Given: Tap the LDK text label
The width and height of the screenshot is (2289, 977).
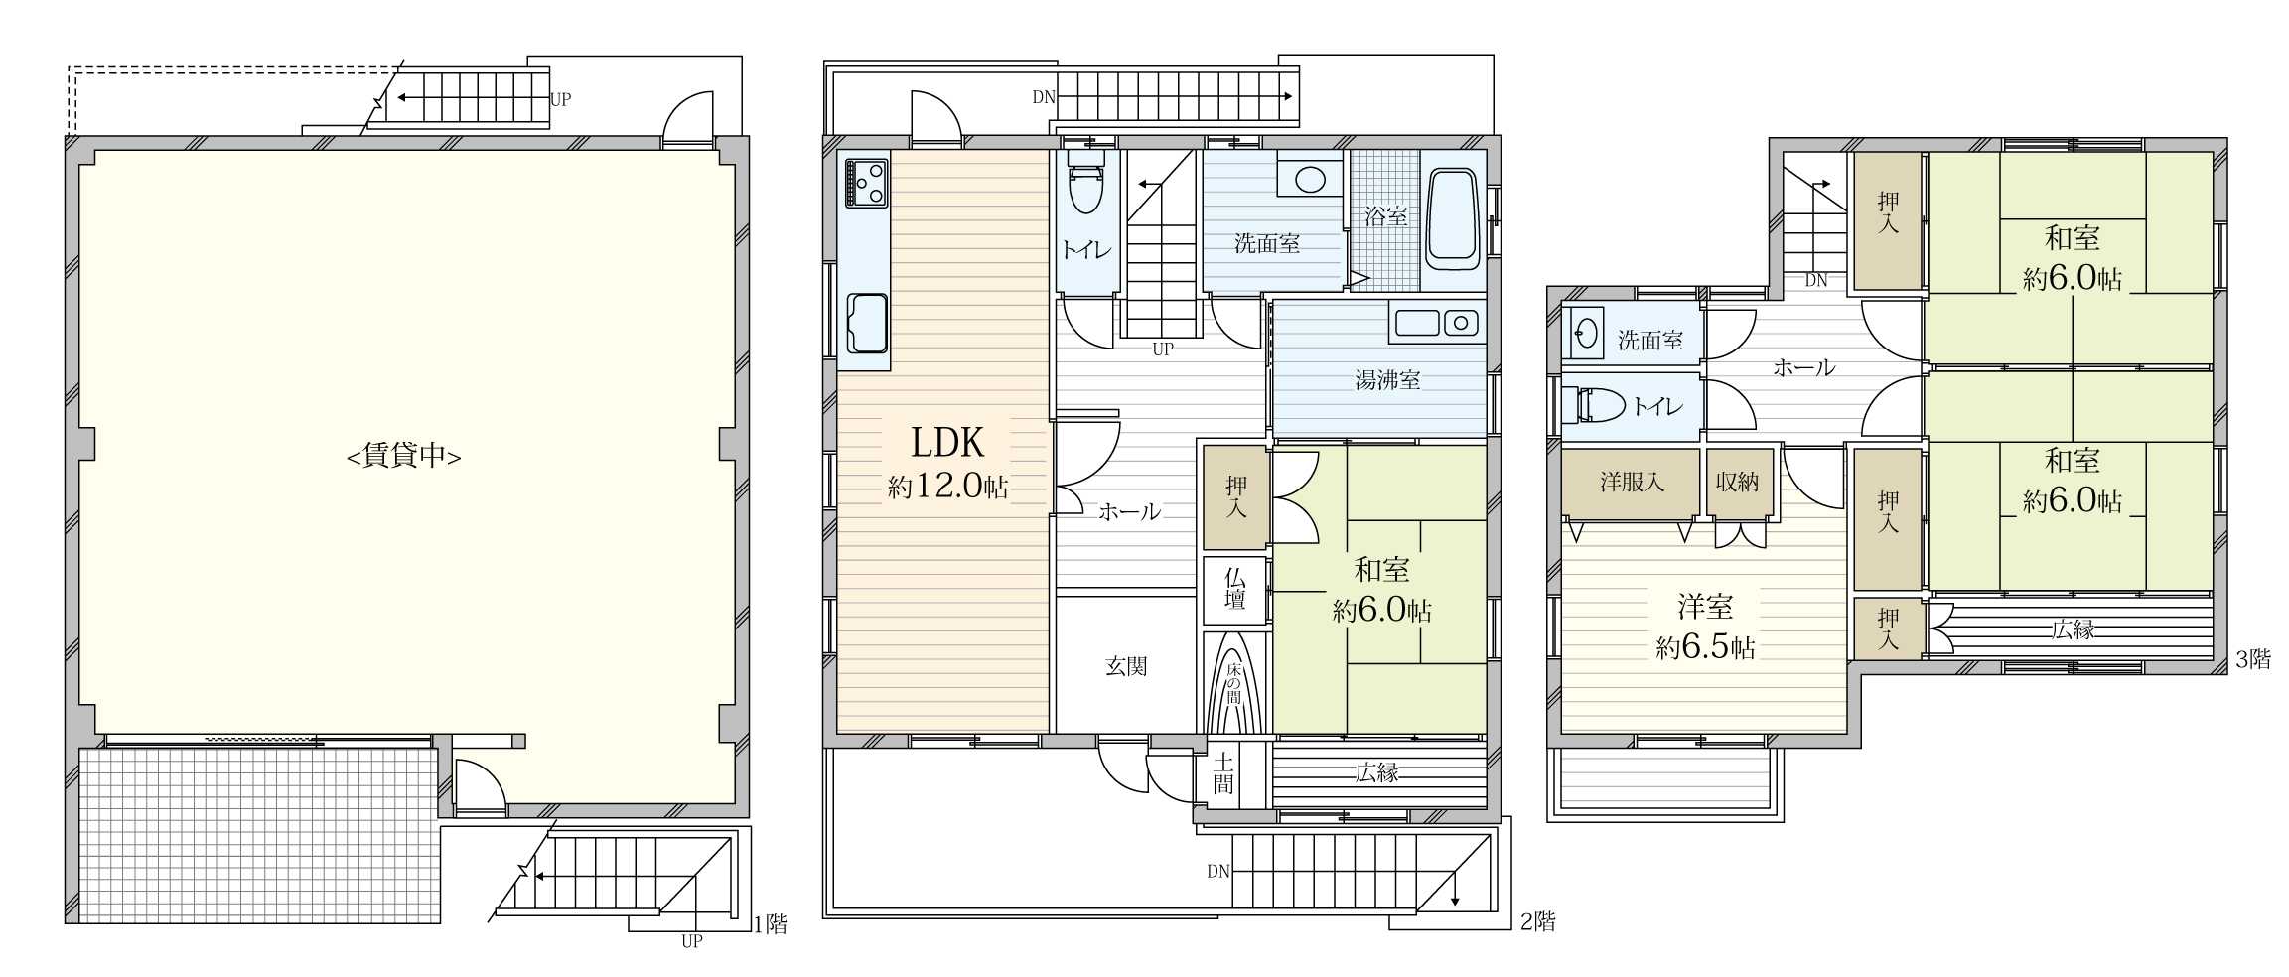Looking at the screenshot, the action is pos(947,442).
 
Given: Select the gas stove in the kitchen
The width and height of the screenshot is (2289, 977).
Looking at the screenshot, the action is pos(865,183).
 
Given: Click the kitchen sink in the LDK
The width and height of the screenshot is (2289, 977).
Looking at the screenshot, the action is pos(867,324).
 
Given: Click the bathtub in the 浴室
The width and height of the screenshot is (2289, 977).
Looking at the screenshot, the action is pos(1454,219).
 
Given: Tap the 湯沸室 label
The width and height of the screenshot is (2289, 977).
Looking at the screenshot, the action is pos(1387,379).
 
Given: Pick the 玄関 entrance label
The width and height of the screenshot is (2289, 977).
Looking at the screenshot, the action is pos(1126,666).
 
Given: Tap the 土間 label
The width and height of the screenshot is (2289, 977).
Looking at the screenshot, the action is pos(1223,773).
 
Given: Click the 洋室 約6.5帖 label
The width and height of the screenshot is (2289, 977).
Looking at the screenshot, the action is pos(1705,627).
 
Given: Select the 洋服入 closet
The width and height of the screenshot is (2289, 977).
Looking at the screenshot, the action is pos(1632,483).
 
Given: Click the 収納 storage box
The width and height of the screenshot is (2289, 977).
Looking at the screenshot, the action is pos(1738,483).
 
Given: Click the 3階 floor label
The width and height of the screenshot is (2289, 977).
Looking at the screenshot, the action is pos(2252,659).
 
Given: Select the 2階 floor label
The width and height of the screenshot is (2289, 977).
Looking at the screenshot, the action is pos(1537,921).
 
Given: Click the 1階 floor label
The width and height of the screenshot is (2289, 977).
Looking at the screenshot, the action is pos(771,924).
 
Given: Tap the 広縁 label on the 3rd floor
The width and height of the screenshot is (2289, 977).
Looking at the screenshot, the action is pos(2073,628).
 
